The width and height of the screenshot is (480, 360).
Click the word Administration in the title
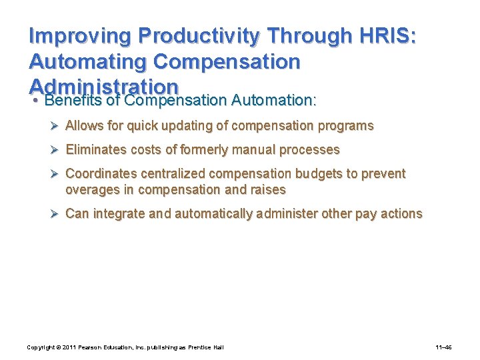pos(104,87)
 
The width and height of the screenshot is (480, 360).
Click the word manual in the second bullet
pos(254,150)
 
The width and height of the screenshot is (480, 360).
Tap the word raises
pos(267,190)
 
